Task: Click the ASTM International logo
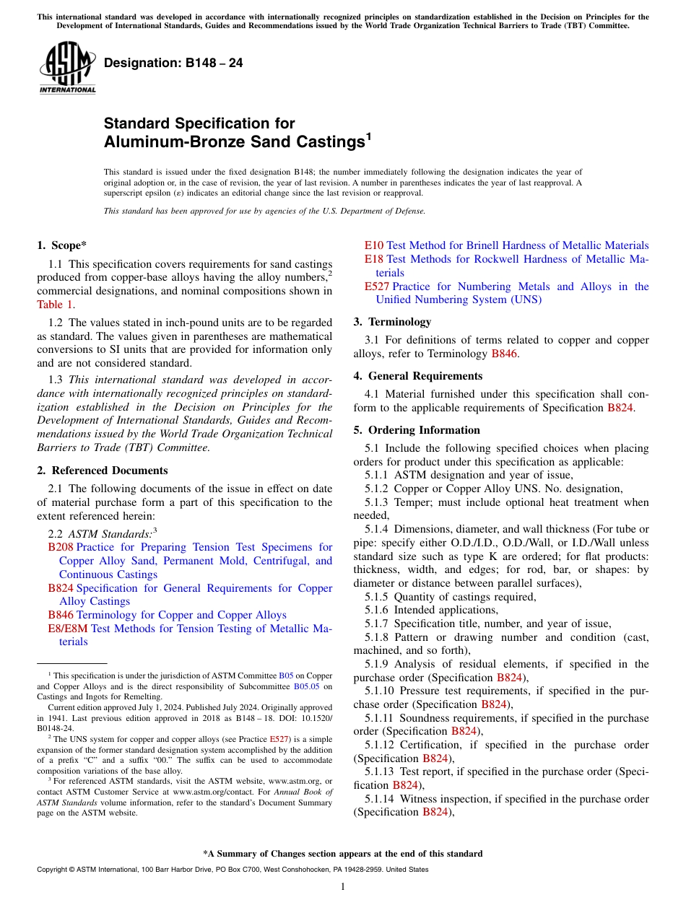pyautogui.click(x=66, y=69)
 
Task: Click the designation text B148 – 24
pyautogui.click(x=173, y=64)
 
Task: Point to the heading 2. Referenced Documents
pyautogui.click(x=103, y=471)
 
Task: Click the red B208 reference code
pyautogui.click(x=61, y=548)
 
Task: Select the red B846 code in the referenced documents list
pyautogui.click(x=61, y=616)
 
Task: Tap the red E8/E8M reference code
pyautogui.click(x=68, y=629)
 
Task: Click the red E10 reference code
pyautogui.click(x=374, y=246)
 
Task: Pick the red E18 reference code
pyautogui.click(x=374, y=260)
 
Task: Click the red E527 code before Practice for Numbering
pyautogui.click(x=377, y=287)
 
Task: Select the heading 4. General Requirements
pyautogui.click(x=418, y=376)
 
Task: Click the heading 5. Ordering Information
pyautogui.click(x=417, y=430)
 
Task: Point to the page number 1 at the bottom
pyautogui.click(x=343, y=887)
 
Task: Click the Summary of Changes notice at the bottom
pyautogui.click(x=342, y=854)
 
